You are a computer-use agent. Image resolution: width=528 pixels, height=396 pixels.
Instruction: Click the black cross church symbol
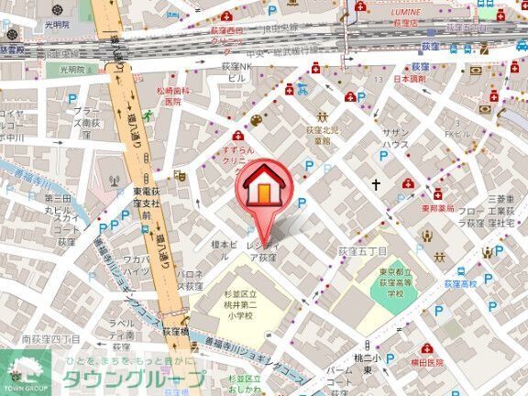(375, 184)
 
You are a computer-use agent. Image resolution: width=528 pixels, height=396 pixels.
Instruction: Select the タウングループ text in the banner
(133, 379)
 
